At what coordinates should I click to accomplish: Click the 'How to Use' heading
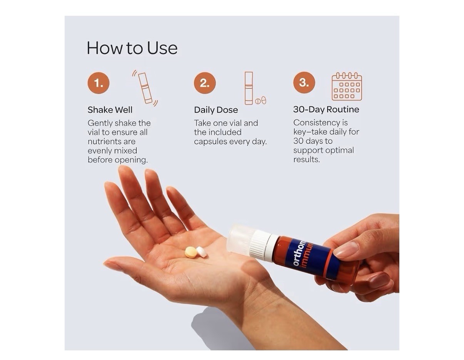pos(132,48)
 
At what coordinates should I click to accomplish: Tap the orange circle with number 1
pos(98,83)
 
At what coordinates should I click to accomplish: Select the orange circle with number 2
pos(205,83)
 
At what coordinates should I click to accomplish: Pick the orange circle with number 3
pos(304,82)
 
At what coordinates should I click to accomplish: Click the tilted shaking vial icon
pos(145,88)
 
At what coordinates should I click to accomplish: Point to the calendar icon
pos(347,86)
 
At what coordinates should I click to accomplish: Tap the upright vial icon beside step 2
pos(249,88)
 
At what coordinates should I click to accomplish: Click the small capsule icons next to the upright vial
pos(261,100)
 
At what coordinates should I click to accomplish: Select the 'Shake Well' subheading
pos(110,110)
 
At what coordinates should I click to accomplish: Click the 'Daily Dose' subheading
pos(216,110)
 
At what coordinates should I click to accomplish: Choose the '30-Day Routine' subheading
pos(326,110)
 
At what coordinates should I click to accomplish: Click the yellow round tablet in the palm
pos(190,252)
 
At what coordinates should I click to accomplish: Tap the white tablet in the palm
pos(202,252)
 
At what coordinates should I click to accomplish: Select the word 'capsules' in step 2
pos(210,142)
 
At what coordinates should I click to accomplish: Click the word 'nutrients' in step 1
pos(112,142)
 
